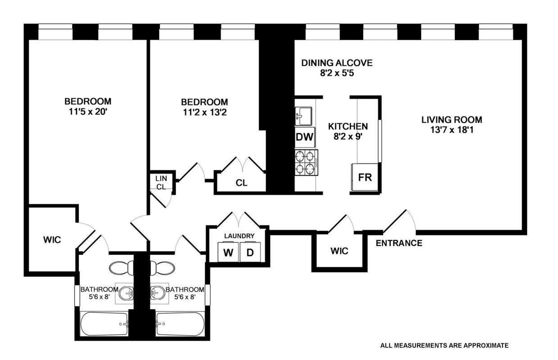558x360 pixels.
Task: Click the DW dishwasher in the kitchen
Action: [x=305, y=137]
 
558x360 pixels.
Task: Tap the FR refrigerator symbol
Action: [x=365, y=177]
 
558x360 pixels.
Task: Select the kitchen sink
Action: [x=303, y=116]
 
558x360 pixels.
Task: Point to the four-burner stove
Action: [x=306, y=163]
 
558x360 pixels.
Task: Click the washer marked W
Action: [x=229, y=252]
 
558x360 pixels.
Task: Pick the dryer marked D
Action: [x=250, y=252]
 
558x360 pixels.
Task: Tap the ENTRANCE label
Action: [x=399, y=243]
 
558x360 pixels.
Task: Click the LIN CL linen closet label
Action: [x=161, y=183]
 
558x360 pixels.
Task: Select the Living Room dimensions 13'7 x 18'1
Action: [x=452, y=130]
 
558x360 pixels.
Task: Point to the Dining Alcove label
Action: [x=337, y=63]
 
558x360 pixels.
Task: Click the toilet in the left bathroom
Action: [x=121, y=268]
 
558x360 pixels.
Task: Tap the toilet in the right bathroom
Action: [x=162, y=268]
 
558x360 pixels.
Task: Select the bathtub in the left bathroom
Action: [x=104, y=324]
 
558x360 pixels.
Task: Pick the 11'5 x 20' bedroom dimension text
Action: [x=88, y=112]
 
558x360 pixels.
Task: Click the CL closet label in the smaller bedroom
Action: [x=241, y=183]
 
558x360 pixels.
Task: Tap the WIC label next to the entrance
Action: [x=339, y=251]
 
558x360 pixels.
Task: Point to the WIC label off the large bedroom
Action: [x=52, y=240]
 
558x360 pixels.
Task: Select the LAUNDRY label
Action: [x=239, y=236]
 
